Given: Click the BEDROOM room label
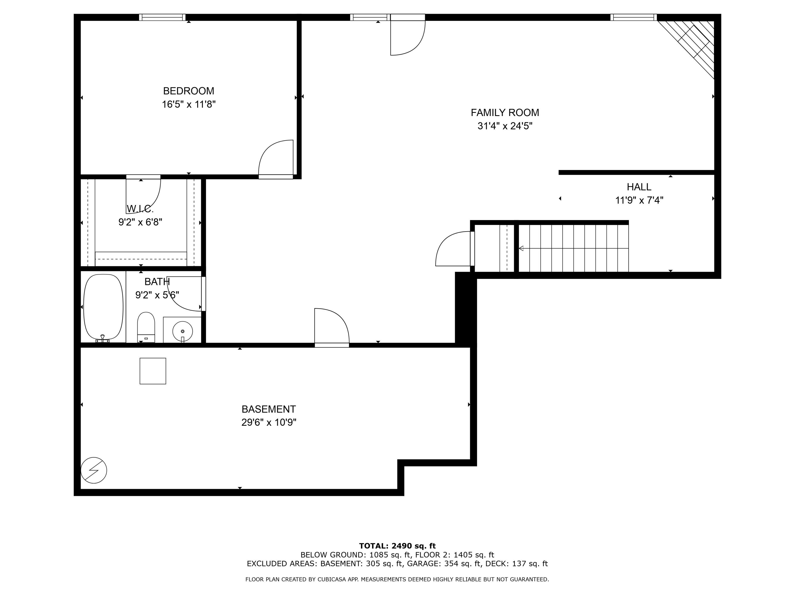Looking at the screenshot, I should pyautogui.click(x=188, y=91).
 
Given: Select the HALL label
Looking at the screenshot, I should pyautogui.click(x=639, y=187).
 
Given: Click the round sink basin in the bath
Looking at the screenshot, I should pyautogui.click(x=182, y=331).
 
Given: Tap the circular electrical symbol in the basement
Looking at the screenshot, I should pyautogui.click(x=94, y=470).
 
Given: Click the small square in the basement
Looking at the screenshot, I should pyautogui.click(x=153, y=371).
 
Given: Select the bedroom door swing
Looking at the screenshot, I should pyautogui.click(x=276, y=158).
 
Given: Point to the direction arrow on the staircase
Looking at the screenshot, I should pyautogui.click(x=521, y=248).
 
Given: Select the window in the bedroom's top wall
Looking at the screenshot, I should pyautogui.click(x=162, y=17).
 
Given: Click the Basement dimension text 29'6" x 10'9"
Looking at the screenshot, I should pyautogui.click(x=268, y=422).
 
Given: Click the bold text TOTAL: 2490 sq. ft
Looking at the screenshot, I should pyautogui.click(x=397, y=546).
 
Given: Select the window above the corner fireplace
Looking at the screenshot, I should pyautogui.click(x=633, y=17).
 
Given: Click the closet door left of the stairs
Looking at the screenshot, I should pyautogui.click(x=454, y=249).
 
